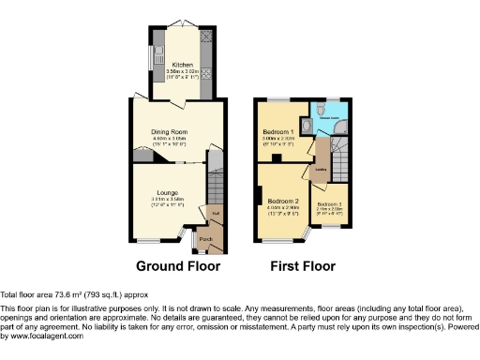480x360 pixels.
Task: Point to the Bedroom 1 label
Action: pos(278,131)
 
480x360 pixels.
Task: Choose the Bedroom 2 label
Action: pos(283,202)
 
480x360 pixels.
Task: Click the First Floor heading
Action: pos(303,266)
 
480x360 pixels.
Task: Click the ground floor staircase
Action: pos(215,192)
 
